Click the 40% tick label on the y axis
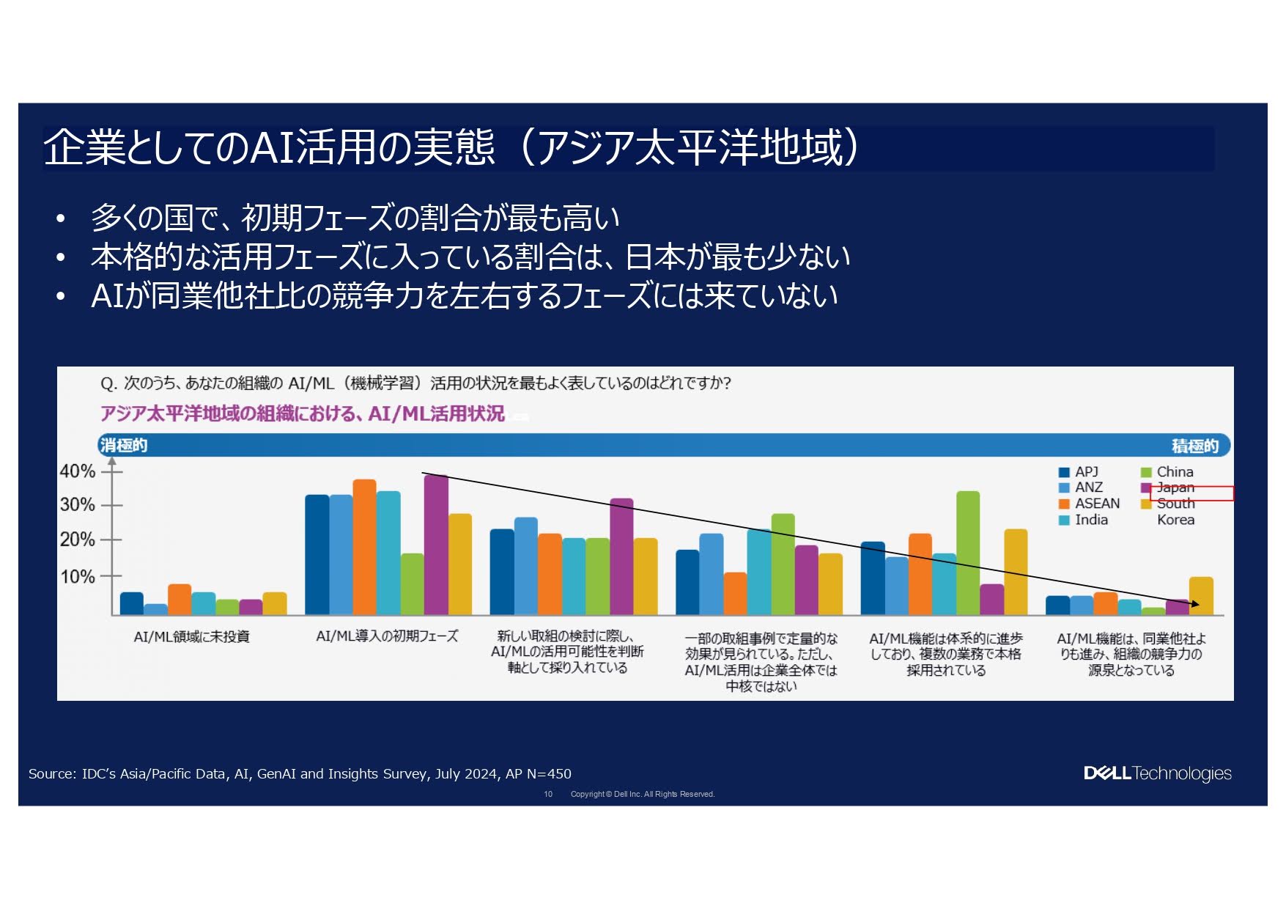pyautogui.click(x=77, y=471)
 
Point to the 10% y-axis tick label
pyautogui.click(x=77, y=577)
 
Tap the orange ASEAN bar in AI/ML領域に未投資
pyautogui.click(x=179, y=599)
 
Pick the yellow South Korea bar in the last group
pyautogui.click(x=1200, y=595)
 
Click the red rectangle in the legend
pyautogui.click(x=1191, y=493)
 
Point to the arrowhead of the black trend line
pyautogui.click(x=1195, y=604)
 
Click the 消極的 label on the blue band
pyautogui.click(x=124, y=445)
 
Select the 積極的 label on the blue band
pyautogui.click(x=1194, y=446)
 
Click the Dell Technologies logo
pyautogui.click(x=1157, y=773)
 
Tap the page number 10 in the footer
pyautogui.click(x=548, y=794)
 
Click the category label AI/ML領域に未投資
pyautogui.click(x=191, y=636)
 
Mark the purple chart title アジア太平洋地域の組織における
pyautogui.click(x=302, y=414)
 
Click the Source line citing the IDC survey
pyautogui.click(x=300, y=773)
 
